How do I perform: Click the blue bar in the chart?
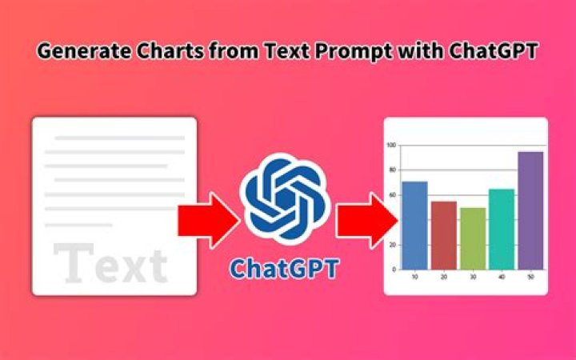pos(414,226)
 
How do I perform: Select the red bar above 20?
pos(444,235)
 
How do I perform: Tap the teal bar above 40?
pos(502,229)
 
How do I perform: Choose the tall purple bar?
pos(530,210)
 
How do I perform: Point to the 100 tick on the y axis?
pos(391,146)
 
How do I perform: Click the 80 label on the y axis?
pos(392,170)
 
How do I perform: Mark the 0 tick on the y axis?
pos(394,270)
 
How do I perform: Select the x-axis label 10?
pos(414,278)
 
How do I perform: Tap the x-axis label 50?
pos(530,278)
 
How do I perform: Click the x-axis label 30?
pos(473,278)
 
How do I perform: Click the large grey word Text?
pos(111,264)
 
